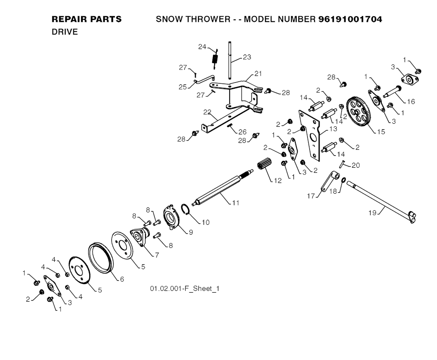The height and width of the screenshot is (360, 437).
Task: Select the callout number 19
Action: [x=373, y=212]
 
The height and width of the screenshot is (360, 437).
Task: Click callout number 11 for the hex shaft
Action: [x=235, y=203]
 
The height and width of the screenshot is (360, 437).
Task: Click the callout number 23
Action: [x=247, y=57]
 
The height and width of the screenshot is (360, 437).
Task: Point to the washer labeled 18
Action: [x=344, y=180]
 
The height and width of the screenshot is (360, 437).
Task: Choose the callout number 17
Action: [x=311, y=196]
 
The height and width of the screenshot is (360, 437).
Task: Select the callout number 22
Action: [x=207, y=112]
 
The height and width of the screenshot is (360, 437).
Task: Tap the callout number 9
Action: [x=191, y=232]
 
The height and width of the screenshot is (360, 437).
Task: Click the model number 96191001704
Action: [x=350, y=19]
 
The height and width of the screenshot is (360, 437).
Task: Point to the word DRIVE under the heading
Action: [x=64, y=32]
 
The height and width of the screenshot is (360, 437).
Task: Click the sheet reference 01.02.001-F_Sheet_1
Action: [x=184, y=289]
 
